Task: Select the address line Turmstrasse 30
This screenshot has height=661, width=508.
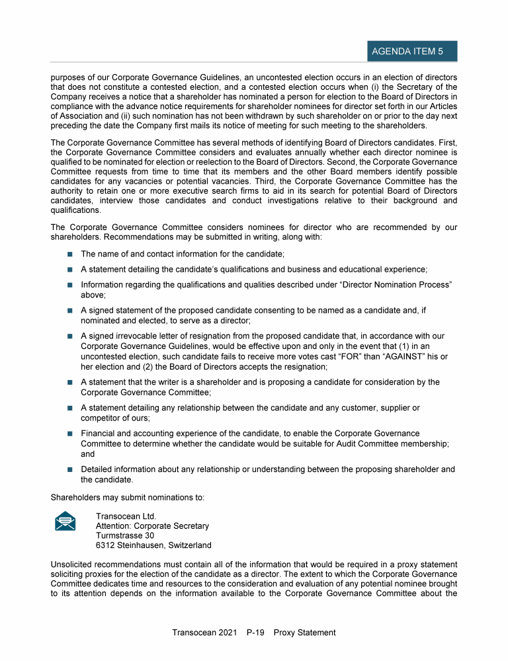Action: point(125,535)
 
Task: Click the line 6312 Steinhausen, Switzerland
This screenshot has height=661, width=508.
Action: point(153,545)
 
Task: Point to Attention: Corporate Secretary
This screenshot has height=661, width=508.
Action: point(152,526)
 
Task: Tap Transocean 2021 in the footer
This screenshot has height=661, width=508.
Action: point(204,633)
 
